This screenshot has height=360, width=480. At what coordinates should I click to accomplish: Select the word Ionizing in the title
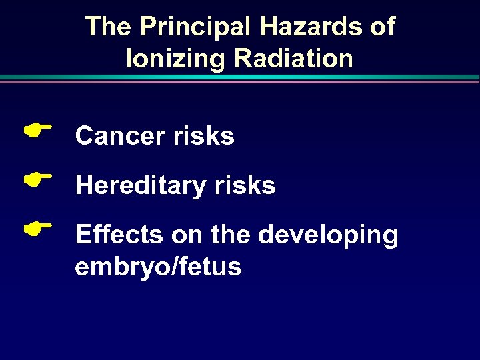point(175,59)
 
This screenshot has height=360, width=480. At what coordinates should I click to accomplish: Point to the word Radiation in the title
point(293,59)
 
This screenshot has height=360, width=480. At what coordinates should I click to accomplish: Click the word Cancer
point(120,136)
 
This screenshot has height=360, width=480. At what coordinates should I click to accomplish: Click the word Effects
point(119,235)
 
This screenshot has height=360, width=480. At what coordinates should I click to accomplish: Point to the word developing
point(328,236)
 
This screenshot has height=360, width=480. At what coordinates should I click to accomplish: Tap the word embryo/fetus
point(158,267)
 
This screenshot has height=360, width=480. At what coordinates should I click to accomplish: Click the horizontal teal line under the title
point(240,77)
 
